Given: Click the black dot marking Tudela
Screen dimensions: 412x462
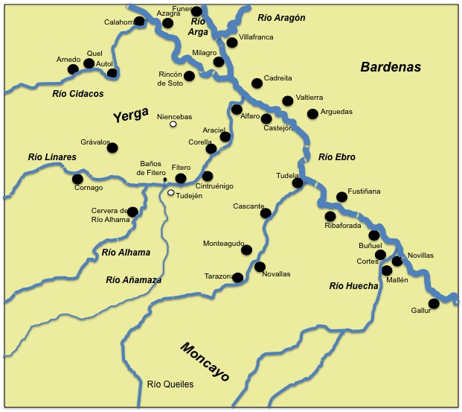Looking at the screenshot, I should (297, 183).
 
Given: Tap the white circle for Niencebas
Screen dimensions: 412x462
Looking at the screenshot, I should (173, 124).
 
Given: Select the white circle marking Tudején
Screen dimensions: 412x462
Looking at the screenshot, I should (170, 193).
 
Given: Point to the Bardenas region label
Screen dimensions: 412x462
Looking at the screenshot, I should (391, 67).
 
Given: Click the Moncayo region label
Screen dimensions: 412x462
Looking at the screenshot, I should (205, 361).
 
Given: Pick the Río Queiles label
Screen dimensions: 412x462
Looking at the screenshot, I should (170, 384).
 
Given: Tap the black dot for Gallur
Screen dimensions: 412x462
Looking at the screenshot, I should (434, 302).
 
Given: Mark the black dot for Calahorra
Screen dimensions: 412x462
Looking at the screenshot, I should (139, 22).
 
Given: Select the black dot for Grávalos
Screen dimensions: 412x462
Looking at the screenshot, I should (112, 148).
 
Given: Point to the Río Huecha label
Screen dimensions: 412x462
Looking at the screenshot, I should (353, 285).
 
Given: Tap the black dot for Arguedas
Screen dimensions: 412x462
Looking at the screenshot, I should (312, 114).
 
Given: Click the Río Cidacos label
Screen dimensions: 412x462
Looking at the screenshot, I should (78, 94).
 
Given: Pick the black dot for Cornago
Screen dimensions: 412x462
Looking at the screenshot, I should (77, 179).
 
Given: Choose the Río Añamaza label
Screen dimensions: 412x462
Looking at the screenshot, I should (134, 280).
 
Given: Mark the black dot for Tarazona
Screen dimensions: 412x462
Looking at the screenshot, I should (238, 277).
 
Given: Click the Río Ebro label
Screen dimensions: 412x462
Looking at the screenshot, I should (337, 157).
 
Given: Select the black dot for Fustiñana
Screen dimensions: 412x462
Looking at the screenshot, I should (341, 197).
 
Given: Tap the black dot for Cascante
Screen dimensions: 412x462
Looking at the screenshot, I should (266, 213).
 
